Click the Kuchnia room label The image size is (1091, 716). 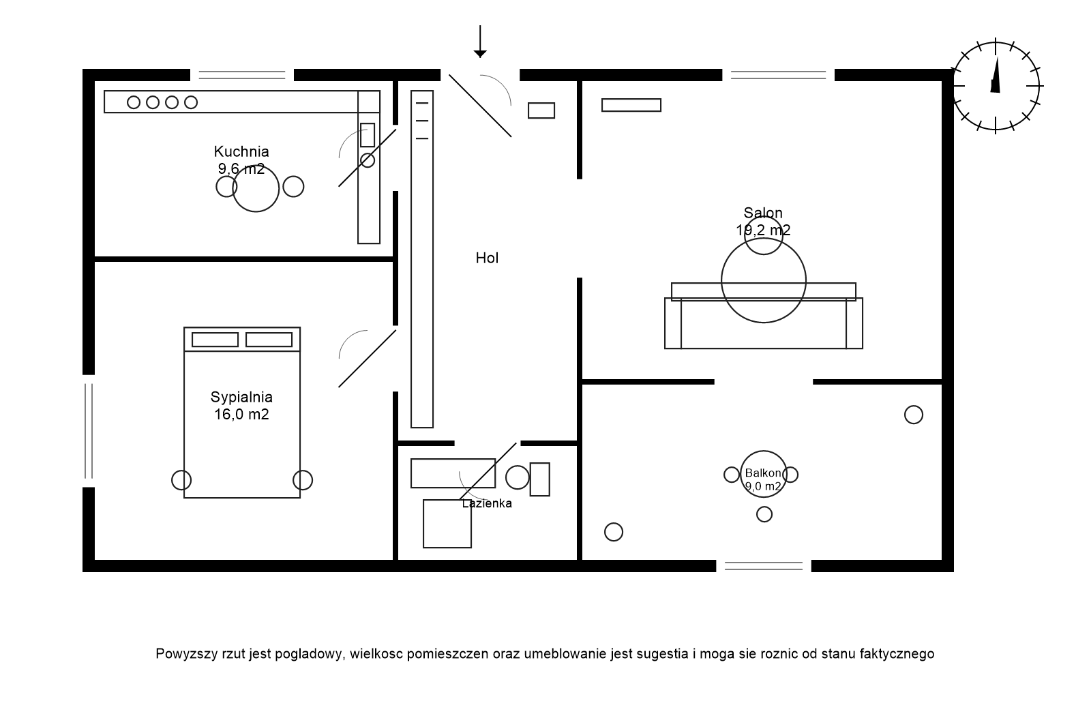point(241,151)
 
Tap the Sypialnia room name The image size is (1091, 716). point(241,397)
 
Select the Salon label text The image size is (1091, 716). point(763,213)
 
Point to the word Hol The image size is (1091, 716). point(487,258)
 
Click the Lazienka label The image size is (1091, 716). point(487,504)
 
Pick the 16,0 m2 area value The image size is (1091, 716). point(241,414)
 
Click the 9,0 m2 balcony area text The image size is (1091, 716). point(763,486)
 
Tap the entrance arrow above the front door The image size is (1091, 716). point(480,41)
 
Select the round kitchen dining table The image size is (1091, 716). point(256,189)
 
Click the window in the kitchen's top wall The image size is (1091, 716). point(241,74)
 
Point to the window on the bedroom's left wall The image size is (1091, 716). point(88,431)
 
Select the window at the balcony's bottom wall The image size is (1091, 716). point(764,565)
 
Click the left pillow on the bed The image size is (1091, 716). point(215,340)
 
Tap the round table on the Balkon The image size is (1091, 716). point(763,474)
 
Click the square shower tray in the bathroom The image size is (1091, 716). point(447,524)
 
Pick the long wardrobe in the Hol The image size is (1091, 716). point(422,259)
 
